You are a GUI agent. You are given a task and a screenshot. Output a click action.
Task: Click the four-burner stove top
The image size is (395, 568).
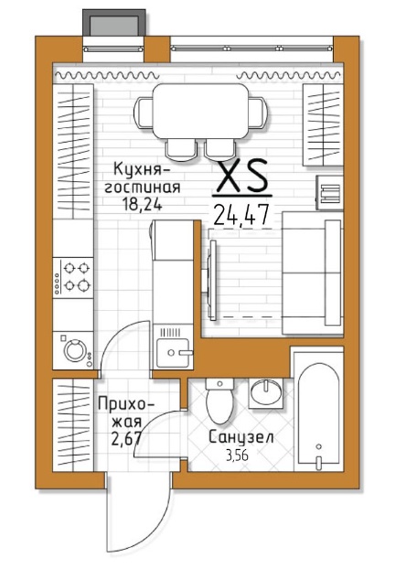pos(73,278)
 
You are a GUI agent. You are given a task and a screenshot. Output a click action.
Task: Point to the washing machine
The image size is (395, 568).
pos(73,350)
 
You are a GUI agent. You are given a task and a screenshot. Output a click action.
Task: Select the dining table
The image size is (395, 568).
pos(201,112)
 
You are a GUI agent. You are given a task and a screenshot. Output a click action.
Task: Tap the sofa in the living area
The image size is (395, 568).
pos(313,273)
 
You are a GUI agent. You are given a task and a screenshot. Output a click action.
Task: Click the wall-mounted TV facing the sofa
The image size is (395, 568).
pos(212,279)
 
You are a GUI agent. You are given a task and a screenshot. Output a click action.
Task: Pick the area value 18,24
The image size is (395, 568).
pos(143,205)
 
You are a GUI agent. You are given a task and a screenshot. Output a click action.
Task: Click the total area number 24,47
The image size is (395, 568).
pos(241,214)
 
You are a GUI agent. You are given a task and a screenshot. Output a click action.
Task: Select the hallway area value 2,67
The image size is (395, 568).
pos(125,439)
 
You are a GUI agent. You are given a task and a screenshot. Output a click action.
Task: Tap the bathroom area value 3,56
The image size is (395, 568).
pos(238,455)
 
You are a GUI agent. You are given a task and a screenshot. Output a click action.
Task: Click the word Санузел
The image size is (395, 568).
pos(241,437)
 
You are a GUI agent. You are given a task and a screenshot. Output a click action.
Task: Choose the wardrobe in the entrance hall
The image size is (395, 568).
pos(73,425)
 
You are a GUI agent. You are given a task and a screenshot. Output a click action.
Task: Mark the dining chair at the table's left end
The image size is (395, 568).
pos(144,112)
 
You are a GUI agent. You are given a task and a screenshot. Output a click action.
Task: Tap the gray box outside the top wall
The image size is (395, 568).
pos(114,23)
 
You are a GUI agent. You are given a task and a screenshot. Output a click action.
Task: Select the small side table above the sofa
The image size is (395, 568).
pos(329,192)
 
